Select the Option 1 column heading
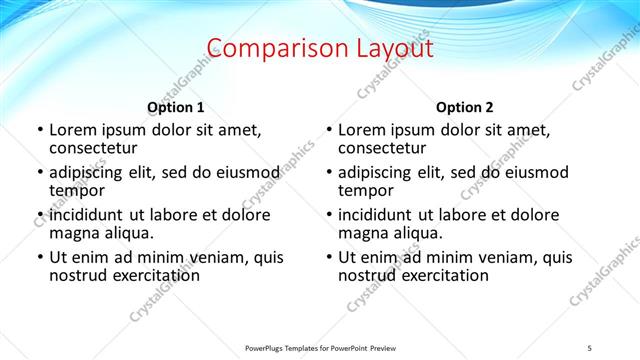tap(176, 107)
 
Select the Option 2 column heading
tap(465, 107)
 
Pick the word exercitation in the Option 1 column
tap(155, 276)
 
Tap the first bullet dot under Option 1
tap(39, 131)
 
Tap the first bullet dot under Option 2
tap(328, 131)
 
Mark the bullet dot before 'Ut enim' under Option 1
tap(39, 258)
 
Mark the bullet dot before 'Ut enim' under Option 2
tap(328, 258)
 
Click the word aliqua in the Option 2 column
tap(419, 233)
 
